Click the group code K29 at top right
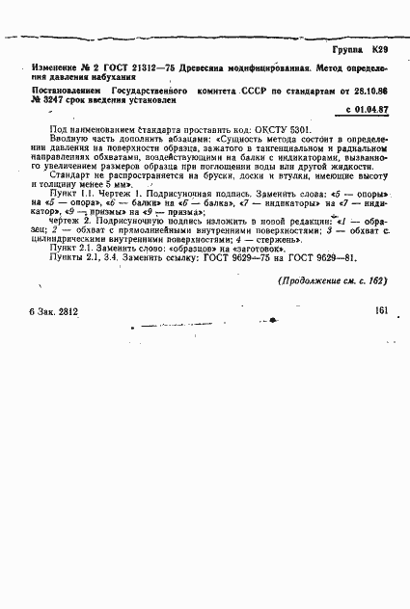(x=380, y=47)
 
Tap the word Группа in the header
(x=346, y=47)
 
